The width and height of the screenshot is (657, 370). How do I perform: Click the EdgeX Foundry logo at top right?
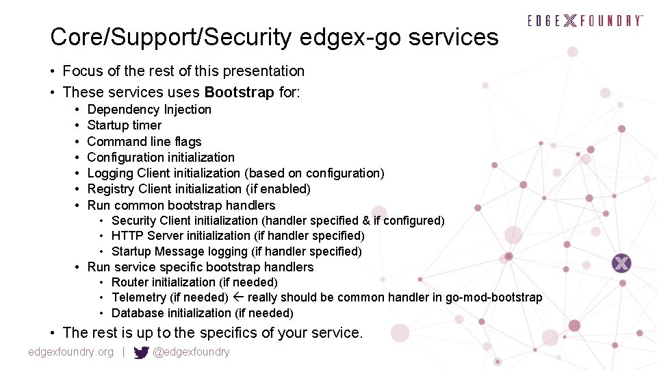(x=585, y=21)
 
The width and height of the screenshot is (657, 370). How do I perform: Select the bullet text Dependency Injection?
(x=149, y=110)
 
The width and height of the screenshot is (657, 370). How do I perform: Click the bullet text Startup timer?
(x=125, y=125)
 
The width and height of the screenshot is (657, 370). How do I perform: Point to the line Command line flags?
(x=144, y=142)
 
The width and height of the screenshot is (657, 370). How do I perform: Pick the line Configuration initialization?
(x=161, y=158)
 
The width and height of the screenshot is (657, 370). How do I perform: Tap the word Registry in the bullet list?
(x=111, y=189)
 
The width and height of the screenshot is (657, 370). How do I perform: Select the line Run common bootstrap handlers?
(x=181, y=206)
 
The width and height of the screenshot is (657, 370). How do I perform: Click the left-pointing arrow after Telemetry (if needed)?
(x=238, y=297)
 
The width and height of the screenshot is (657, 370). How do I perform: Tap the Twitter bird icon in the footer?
(x=142, y=353)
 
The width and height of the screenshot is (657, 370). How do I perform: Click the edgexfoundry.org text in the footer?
(x=71, y=352)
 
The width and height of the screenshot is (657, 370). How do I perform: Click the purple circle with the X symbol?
(x=621, y=263)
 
